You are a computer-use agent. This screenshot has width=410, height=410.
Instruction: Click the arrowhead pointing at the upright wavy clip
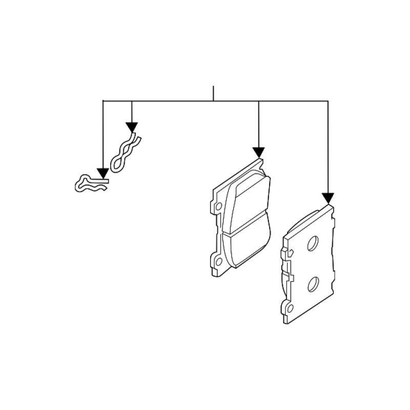coord(132,127)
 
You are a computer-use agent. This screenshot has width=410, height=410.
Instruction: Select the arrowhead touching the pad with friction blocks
coord(258,152)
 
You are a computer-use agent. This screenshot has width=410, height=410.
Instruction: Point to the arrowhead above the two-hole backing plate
coord(328,198)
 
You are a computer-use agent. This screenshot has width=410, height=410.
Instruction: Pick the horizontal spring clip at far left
coord(90,184)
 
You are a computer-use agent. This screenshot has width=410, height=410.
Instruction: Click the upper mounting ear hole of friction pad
coord(219,206)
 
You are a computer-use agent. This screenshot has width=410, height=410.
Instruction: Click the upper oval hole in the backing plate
coord(313,243)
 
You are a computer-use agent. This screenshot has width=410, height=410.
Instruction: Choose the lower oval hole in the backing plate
coord(313,283)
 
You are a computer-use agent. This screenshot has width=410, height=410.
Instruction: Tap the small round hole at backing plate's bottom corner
coord(291,309)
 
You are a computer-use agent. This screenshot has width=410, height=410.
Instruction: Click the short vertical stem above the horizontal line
coord(213,93)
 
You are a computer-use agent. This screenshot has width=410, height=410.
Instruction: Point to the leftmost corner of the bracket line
coord(104,101)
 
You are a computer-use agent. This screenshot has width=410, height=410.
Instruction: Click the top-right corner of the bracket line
coord(328,101)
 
